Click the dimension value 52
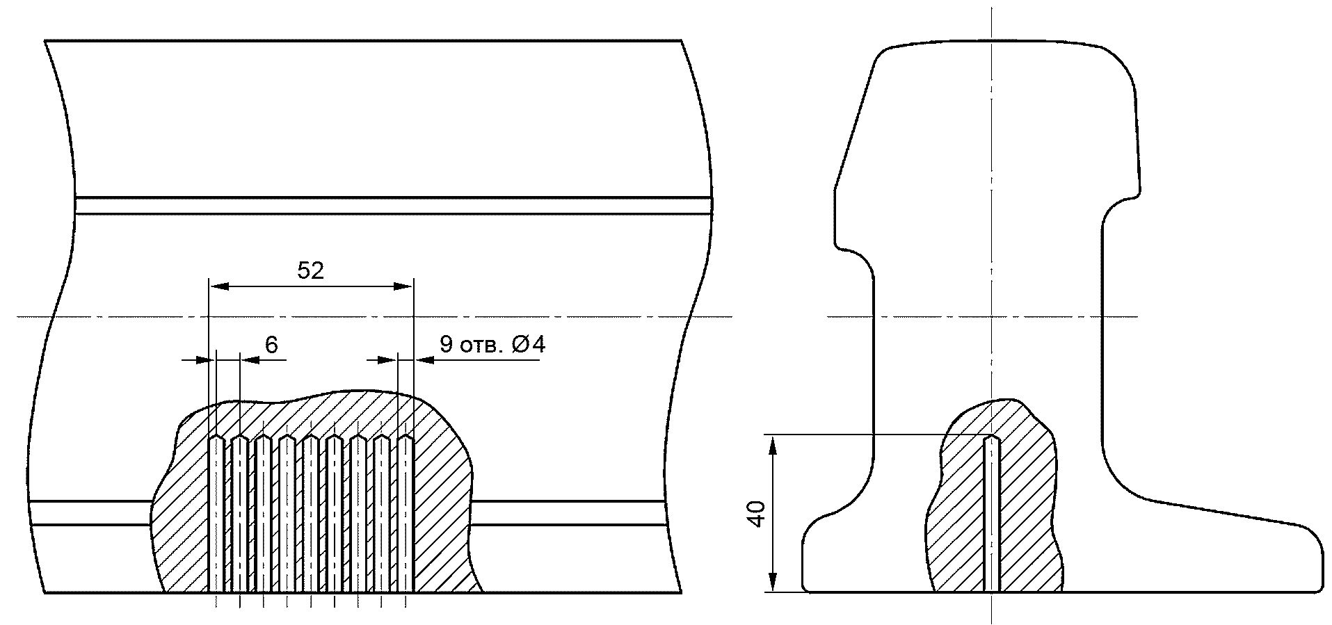311,270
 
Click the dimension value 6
271,345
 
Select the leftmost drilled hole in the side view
217,514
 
